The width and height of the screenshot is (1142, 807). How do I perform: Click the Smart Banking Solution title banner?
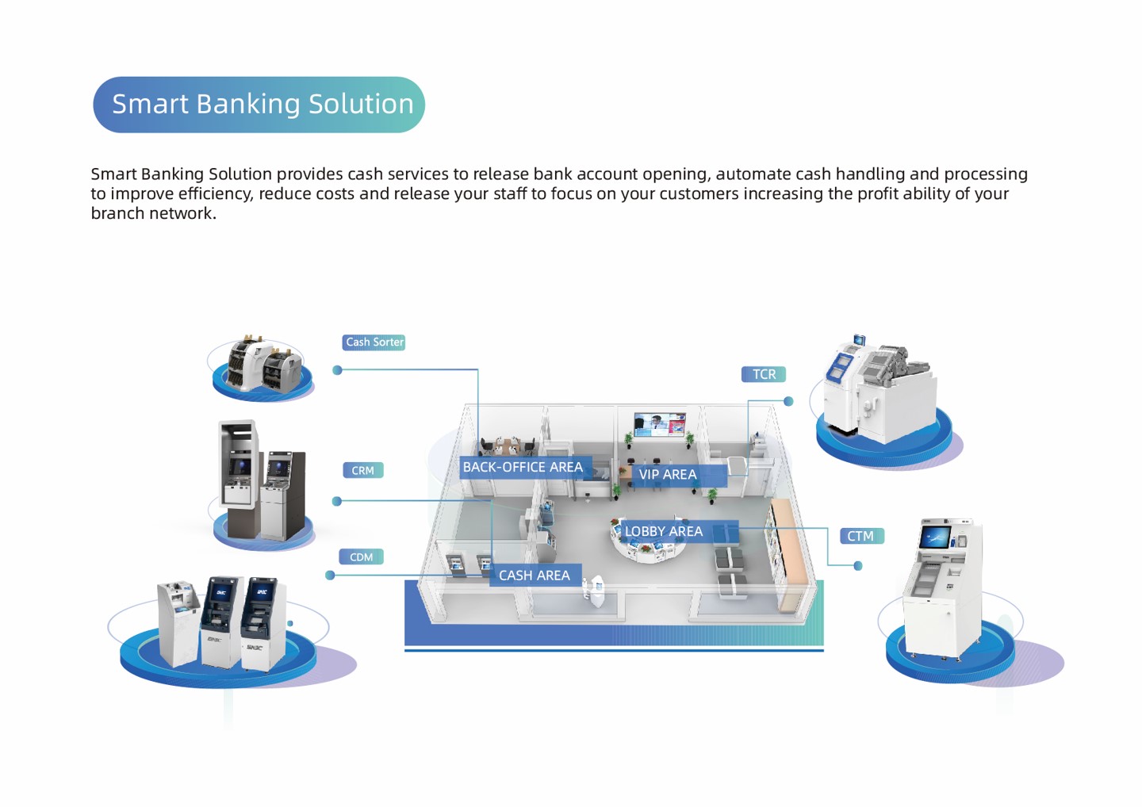259,105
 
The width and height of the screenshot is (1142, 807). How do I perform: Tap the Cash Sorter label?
374,342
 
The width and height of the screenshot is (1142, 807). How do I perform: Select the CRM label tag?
362,471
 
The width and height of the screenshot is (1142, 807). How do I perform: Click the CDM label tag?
361,557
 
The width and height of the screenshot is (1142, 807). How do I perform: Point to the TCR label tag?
763,374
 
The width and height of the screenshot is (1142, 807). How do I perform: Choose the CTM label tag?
860,537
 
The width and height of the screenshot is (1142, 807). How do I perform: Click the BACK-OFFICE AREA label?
523,468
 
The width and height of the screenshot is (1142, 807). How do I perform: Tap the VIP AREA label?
668,475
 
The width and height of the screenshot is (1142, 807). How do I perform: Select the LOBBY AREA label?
664,532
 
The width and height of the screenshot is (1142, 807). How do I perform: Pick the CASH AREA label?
534,576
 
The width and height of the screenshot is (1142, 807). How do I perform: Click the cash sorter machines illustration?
262,365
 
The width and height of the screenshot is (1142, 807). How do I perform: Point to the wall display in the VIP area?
659,424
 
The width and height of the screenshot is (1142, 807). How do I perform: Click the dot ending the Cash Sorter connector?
337,370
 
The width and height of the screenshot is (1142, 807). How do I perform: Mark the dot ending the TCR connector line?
788,401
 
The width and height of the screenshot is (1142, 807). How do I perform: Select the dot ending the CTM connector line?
857,566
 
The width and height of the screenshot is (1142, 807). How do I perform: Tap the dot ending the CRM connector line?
337,501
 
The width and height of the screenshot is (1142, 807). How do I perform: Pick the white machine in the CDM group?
178,622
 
